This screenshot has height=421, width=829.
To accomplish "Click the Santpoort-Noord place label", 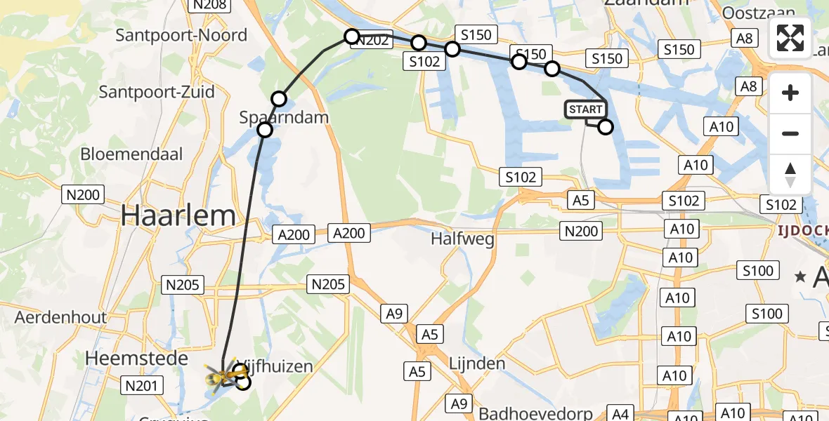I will [x=181, y=35].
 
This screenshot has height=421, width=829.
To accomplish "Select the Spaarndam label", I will [x=284, y=117].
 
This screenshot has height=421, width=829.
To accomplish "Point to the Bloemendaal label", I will [x=131, y=154].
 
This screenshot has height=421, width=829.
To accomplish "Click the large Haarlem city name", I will [x=178, y=215].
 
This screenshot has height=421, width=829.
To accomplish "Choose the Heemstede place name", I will [x=136, y=359].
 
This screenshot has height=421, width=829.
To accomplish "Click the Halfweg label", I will [x=463, y=239].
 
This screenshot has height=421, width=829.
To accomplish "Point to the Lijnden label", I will [x=476, y=363].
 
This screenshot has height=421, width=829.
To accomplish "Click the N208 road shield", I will [x=210, y=6].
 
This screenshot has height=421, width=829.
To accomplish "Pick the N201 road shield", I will [x=143, y=385].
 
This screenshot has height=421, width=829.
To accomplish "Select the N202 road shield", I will [x=371, y=41].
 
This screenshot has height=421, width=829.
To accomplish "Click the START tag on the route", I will [x=585, y=109].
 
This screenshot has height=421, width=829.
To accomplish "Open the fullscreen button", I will [x=790, y=38].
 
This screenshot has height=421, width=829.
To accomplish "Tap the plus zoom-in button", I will [x=790, y=93].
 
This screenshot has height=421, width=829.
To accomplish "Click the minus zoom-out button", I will [x=790, y=133].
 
